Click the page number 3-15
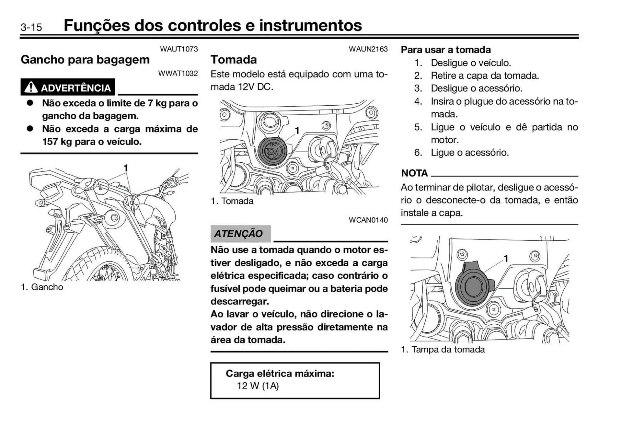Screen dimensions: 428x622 click(31, 27)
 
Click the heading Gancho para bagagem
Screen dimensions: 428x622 click(85, 60)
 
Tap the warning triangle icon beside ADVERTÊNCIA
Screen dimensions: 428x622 click(31, 87)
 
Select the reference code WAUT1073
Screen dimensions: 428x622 click(179, 49)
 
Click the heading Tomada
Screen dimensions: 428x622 click(234, 60)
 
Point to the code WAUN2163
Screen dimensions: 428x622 click(368, 49)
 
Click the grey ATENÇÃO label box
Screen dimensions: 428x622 click(240, 234)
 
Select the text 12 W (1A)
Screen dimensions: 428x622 click(258, 386)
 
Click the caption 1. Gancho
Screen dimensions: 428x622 click(42, 287)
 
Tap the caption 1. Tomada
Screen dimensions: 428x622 click(232, 201)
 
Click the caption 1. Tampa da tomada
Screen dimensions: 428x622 click(443, 350)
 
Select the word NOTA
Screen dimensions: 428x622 click(414, 173)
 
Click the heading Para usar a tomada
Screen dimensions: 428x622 click(446, 50)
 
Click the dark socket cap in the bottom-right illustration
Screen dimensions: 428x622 click(473, 285)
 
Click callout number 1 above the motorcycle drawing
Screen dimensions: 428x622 click(126, 168)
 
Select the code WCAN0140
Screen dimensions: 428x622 click(368, 220)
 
